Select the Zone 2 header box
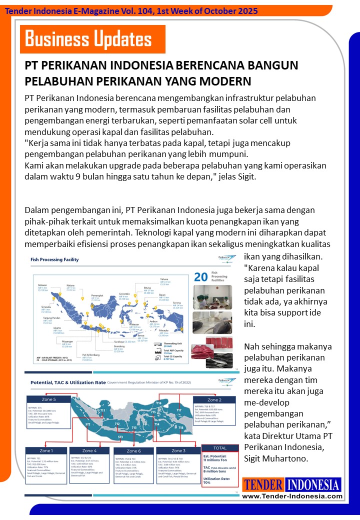(x=214, y=400)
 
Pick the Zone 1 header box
(x=46, y=450)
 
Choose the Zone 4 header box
(x=88, y=450)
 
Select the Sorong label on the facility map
(x=177, y=303)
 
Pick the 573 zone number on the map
(x=120, y=436)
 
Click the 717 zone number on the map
(x=178, y=410)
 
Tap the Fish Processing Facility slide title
(x=55, y=260)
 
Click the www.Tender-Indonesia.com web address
(x=292, y=496)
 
